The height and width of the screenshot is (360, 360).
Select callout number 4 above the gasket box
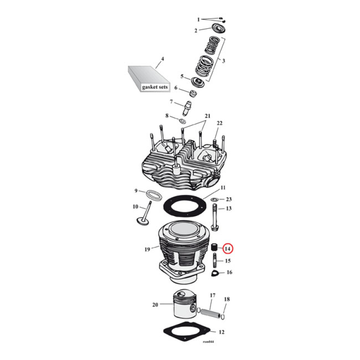pos(162,59)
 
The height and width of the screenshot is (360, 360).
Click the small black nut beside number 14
pos(215,248)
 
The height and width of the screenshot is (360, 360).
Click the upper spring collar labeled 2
pos(216,30)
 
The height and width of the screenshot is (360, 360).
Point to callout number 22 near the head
pos(220,123)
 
